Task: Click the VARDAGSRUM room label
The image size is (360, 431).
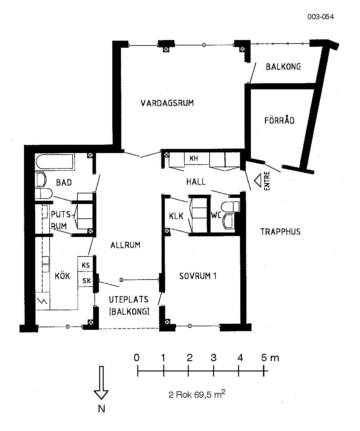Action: pos(167,103)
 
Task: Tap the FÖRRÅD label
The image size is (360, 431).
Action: pos(279,120)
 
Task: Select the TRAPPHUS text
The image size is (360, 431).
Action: pos(280,232)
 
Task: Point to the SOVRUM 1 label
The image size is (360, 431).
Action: pos(198,276)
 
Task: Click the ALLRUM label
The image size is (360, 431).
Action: pos(125,245)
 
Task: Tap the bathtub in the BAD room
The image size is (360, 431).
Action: pos(55,162)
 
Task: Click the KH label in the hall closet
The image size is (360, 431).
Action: pos(194,158)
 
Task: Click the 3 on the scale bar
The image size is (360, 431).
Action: pos(213,358)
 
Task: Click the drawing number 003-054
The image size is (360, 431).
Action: pos(320,17)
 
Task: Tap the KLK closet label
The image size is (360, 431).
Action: pos(176,216)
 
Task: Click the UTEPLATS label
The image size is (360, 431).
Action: pos(129,299)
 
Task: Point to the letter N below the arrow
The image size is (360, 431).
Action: pos(101,409)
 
